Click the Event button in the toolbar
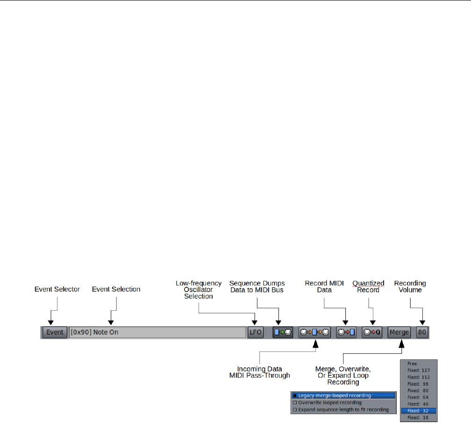55,333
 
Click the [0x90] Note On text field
157,333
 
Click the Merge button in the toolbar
399,333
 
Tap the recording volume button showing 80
422,333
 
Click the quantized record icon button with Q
372,333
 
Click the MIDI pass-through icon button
314,333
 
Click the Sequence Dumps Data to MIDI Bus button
283,333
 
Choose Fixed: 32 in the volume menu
419,410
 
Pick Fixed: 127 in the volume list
419,370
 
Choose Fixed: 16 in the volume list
419,417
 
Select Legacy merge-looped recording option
343,395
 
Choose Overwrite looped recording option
343,402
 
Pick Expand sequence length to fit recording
343,409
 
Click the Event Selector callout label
57,289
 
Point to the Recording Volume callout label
410,286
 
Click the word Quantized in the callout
368,283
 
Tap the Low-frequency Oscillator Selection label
199,290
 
